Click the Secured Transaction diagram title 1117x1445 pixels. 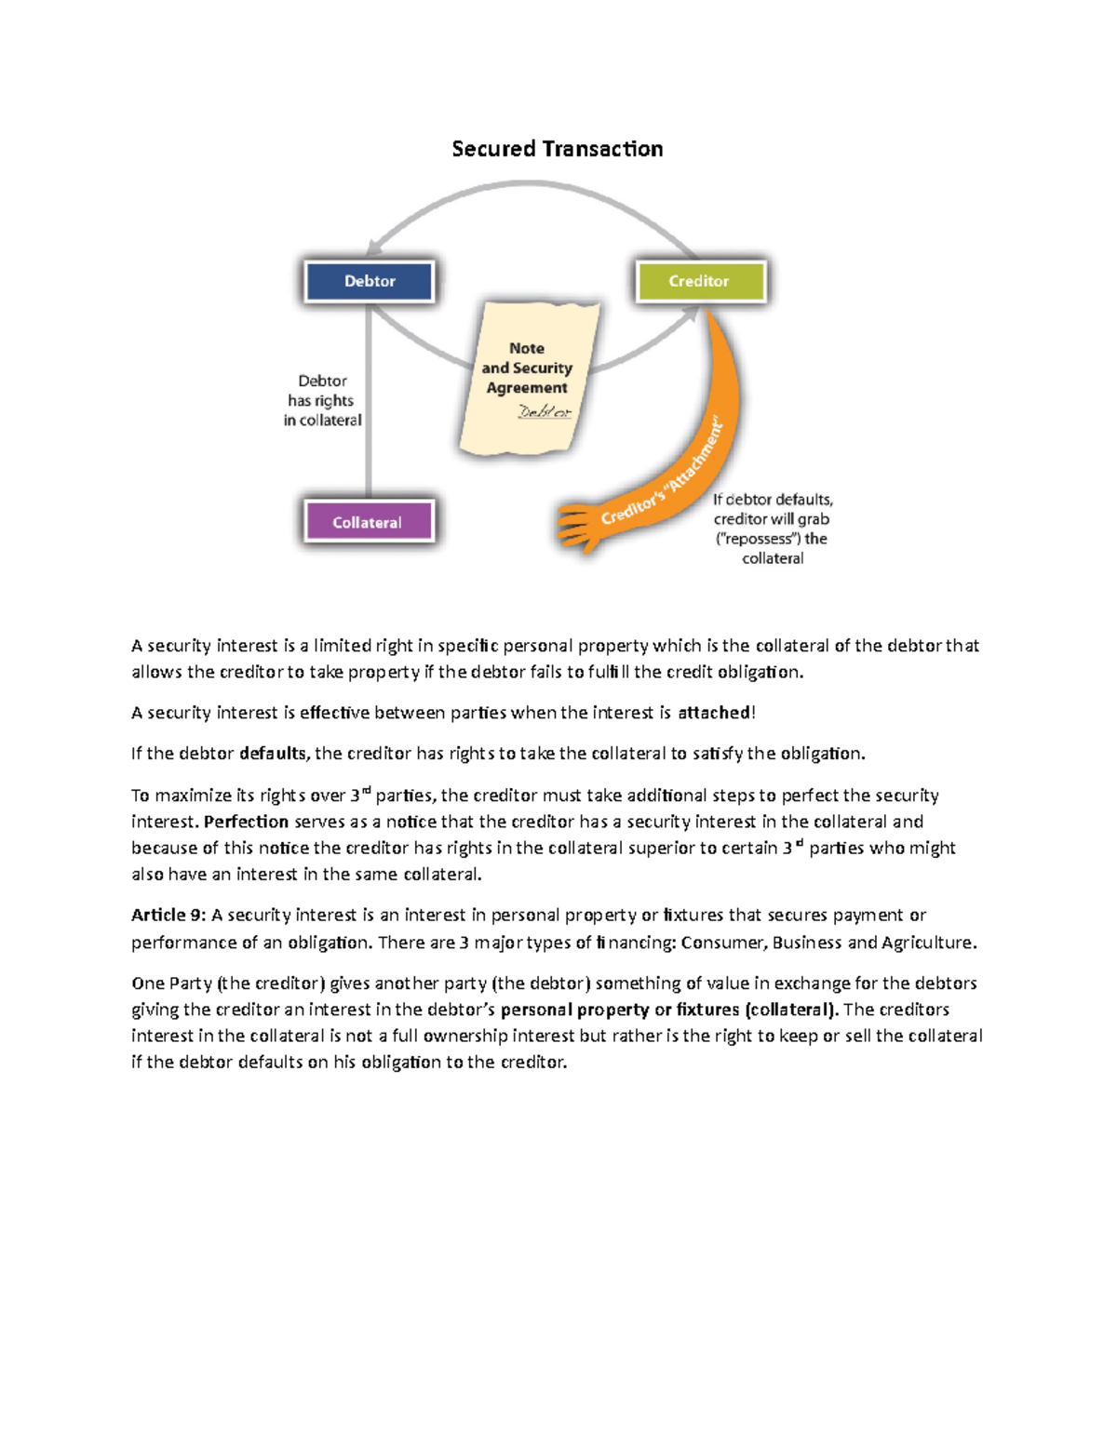click(557, 149)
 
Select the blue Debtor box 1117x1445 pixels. click(369, 281)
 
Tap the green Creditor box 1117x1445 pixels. click(700, 281)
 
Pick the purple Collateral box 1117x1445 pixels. click(369, 522)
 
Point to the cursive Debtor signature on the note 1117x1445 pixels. click(545, 411)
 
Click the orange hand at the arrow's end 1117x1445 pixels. click(577, 526)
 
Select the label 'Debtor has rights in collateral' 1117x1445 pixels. click(322, 400)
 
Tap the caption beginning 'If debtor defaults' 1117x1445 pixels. click(773, 528)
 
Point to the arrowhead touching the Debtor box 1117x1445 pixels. click(374, 247)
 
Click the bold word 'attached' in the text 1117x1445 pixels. click(714, 713)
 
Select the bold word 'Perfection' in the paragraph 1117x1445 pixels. click(246, 822)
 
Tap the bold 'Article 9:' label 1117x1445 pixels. click(168, 916)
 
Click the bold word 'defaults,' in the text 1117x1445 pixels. click(273, 754)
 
